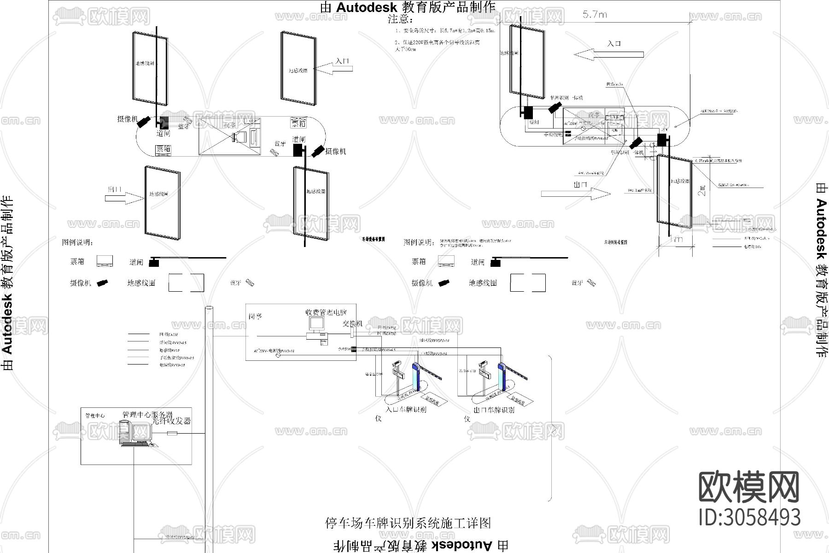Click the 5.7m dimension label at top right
tap(595, 15)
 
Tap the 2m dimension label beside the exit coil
tap(702, 190)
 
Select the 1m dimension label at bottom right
tap(676, 240)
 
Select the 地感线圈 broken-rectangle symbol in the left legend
tap(186, 282)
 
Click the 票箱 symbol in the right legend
tap(446, 262)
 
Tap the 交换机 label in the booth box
tap(352, 324)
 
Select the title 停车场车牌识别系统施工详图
tap(408, 523)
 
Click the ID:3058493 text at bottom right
tap(749, 517)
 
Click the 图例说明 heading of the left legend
tap(77, 242)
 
